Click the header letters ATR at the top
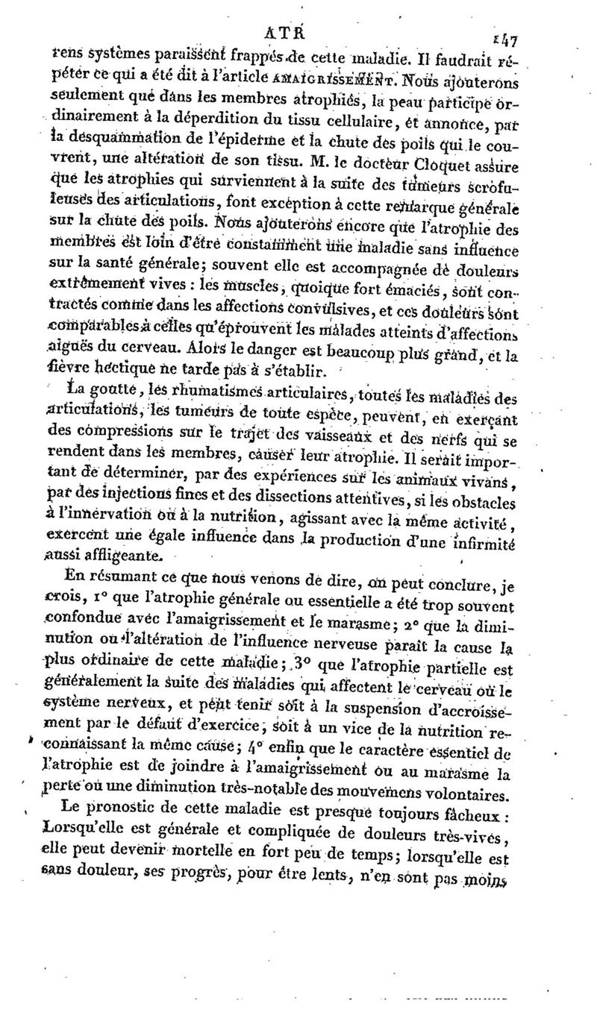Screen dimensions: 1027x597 point(281,33)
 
